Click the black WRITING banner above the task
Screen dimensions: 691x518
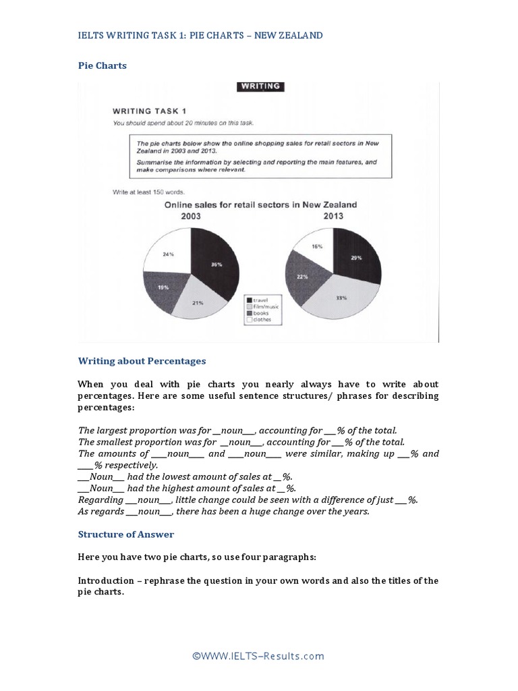pyautogui.click(x=259, y=86)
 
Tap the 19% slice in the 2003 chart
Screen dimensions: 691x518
pyautogui.click(x=164, y=289)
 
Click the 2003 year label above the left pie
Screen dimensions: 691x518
pyautogui.click(x=190, y=216)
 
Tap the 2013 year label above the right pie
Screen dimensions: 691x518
pyautogui.click(x=333, y=216)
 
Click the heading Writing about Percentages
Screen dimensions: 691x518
pyautogui.click(x=142, y=361)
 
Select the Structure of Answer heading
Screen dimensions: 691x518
pyautogui.click(x=126, y=534)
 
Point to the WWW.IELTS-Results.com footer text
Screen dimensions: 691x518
pyautogui.click(x=258, y=656)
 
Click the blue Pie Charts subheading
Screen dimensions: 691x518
pyautogui.click(x=103, y=65)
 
